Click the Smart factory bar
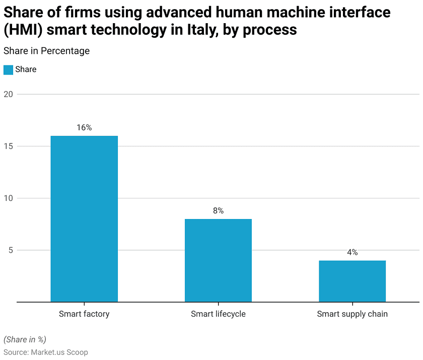pyautogui.click(x=84, y=219)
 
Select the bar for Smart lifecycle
pyautogui.click(x=218, y=260)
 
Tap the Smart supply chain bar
pyautogui.click(x=352, y=281)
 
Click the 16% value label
pyautogui.click(x=84, y=128)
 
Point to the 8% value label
pyautogui.click(x=218, y=211)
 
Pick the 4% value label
pyautogui.click(x=352, y=252)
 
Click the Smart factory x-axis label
pyautogui.click(x=84, y=314)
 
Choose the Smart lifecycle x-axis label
pyautogui.click(x=218, y=314)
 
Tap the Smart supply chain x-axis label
pyautogui.click(x=352, y=314)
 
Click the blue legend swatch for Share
pyautogui.click(x=8, y=69)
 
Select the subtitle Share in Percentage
pyautogui.click(x=46, y=51)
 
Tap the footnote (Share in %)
pyautogui.click(x=25, y=339)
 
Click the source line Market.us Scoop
pyautogui.click(x=46, y=352)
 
